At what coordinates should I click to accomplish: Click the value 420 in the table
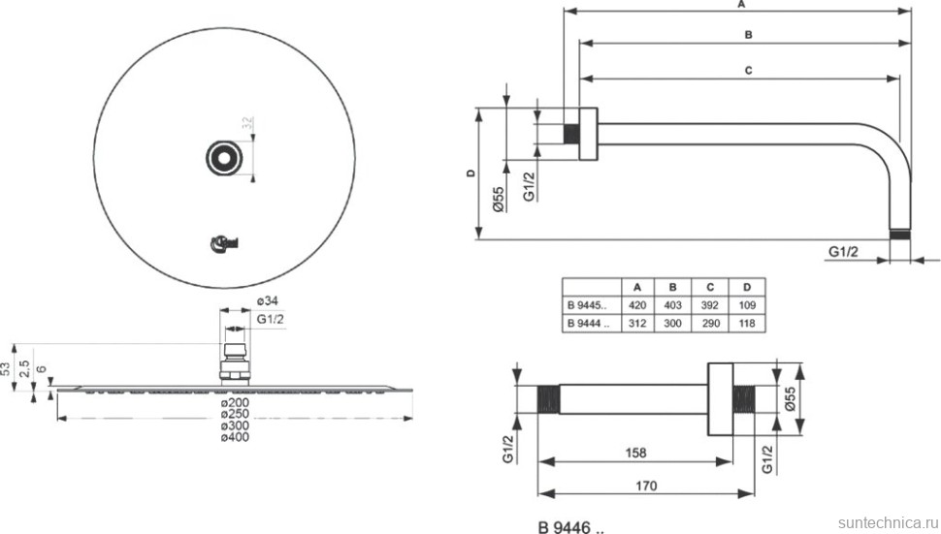[637, 305]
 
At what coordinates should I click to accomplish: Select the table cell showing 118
[745, 324]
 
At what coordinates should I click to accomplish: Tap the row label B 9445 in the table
[588, 305]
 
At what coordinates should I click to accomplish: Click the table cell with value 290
[709, 324]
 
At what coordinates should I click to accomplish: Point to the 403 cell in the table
[673, 305]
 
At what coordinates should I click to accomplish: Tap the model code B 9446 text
[569, 527]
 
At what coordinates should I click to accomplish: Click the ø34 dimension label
[268, 300]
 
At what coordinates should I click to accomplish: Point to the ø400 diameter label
[236, 438]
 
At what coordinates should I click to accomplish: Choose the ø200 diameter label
[236, 402]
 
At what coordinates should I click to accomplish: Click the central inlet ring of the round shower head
[223, 157]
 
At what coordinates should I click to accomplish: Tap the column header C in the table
[709, 288]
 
